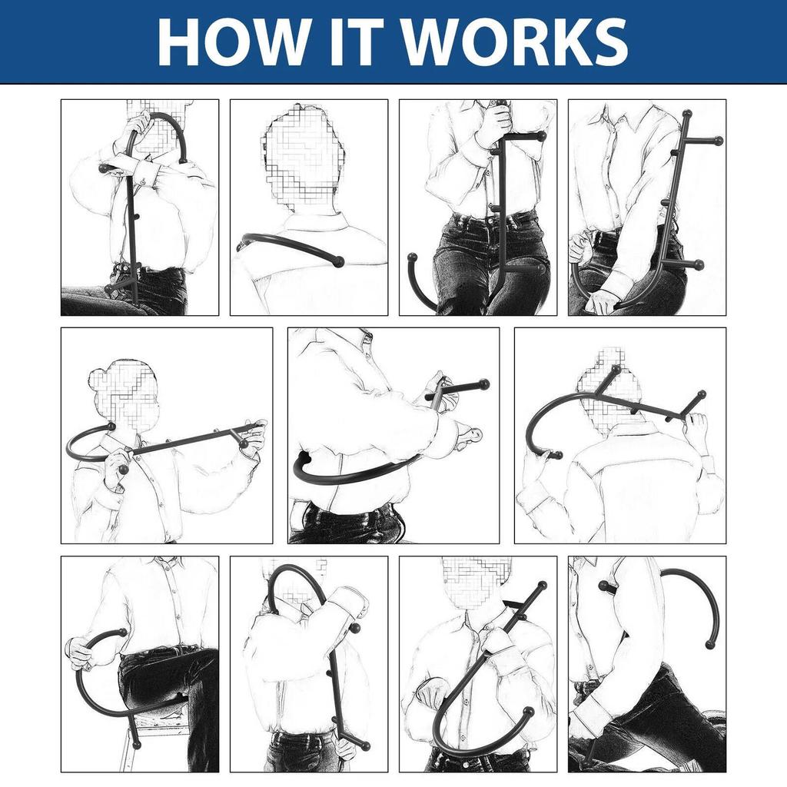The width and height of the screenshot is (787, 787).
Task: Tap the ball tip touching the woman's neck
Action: [111, 427]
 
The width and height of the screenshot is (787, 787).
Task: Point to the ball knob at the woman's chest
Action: [123, 470]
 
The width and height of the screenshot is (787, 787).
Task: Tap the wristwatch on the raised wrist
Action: [708, 463]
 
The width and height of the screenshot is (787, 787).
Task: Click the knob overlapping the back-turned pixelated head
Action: [616, 370]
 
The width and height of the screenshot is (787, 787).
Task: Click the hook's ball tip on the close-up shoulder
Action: [339, 261]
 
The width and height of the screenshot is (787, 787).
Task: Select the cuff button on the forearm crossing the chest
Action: [142, 181]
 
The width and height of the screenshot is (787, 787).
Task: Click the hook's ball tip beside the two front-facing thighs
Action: [413, 257]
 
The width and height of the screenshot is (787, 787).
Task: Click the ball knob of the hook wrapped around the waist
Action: [303, 458]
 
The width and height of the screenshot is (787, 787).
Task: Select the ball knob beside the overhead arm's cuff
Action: [355, 629]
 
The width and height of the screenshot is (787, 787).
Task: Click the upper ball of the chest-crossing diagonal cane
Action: [542, 585]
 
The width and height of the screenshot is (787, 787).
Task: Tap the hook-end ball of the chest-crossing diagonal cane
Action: [528, 712]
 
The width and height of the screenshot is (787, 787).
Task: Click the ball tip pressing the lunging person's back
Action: [604, 585]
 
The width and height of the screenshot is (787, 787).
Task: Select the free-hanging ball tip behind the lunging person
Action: [709, 645]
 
